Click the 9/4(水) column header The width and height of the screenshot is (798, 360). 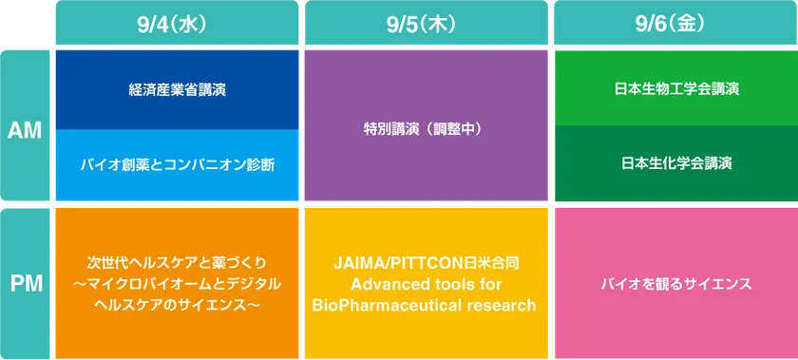click(x=177, y=23)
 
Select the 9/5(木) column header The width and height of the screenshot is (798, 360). click(x=426, y=23)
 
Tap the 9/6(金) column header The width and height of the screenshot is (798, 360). click(x=675, y=23)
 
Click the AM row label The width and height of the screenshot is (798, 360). click(x=25, y=125)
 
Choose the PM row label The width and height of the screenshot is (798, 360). click(x=25, y=284)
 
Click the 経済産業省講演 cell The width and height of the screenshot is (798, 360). click(x=177, y=89)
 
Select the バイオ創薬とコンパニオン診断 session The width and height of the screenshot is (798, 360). click(x=177, y=165)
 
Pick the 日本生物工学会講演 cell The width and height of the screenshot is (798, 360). click(x=676, y=87)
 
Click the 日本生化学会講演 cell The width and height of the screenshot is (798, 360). click(x=676, y=163)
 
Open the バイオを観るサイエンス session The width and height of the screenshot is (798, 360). click(x=676, y=284)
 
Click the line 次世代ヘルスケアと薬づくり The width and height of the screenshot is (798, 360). click(x=177, y=264)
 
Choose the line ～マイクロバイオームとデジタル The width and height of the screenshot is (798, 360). click(x=177, y=284)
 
